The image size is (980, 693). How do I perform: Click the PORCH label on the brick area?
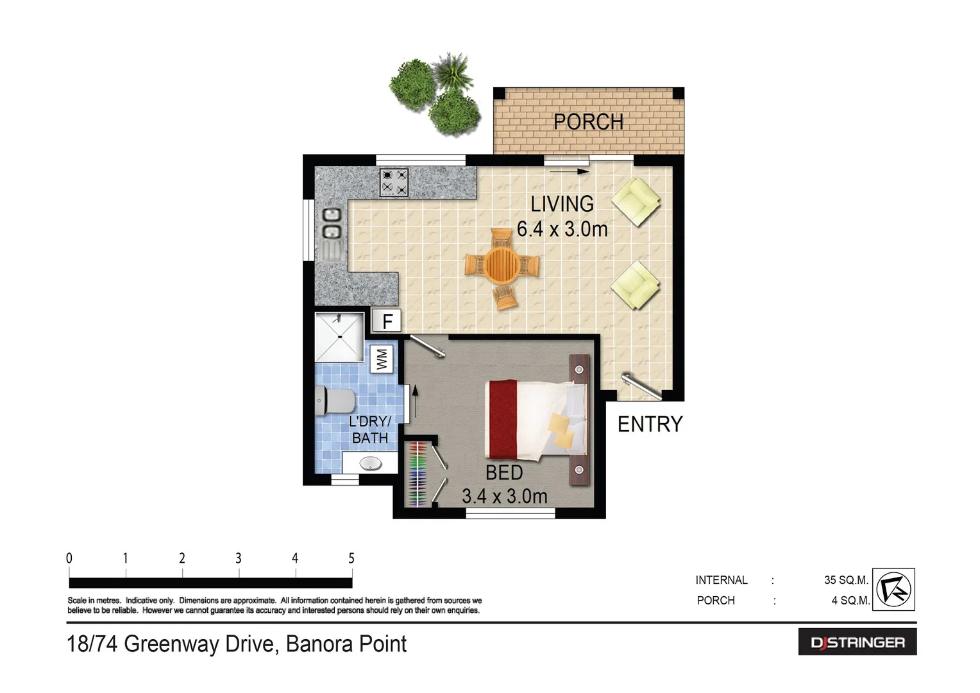coord(588,122)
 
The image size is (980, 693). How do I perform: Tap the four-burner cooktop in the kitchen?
coord(394,182)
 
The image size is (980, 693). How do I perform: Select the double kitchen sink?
coord(331,223)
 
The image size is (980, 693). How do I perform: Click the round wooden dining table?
coord(502,264)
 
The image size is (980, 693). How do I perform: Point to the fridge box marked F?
coord(387,321)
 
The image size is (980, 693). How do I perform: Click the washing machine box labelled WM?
coord(382,359)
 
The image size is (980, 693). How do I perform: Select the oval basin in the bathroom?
coord(370,463)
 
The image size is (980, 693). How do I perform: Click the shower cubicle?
coord(339,336)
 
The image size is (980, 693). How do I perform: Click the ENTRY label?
coord(650,424)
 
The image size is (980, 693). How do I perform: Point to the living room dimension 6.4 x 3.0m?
coord(562,229)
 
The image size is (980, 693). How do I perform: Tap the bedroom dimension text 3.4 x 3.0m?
coord(504,496)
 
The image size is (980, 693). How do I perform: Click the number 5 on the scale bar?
coord(351,558)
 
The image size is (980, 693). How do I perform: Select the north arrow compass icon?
coord(893,589)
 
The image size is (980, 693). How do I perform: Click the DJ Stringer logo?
coord(857,642)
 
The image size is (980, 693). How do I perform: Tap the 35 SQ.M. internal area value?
coord(845,580)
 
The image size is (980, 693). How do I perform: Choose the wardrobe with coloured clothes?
coord(418,474)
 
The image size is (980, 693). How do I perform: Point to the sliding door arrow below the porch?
coord(570,171)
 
